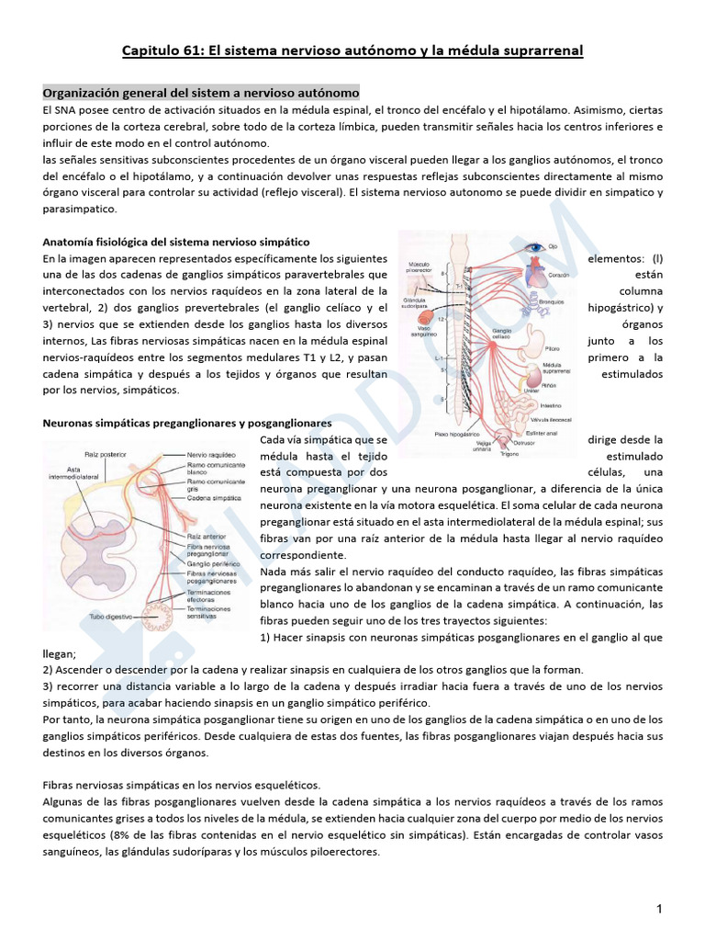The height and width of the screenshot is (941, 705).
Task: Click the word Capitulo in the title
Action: [x=153, y=50]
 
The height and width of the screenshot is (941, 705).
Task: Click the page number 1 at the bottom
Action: [x=659, y=910]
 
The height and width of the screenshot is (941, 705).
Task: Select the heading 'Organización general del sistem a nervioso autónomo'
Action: [x=201, y=94]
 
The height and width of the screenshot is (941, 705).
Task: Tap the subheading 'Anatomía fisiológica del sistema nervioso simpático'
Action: [x=176, y=242]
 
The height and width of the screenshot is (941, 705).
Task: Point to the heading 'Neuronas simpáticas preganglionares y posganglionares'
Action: [x=187, y=423]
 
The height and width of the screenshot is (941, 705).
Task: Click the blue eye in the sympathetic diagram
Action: [x=533, y=247]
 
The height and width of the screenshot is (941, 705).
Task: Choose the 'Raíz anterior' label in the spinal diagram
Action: [x=204, y=533]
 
